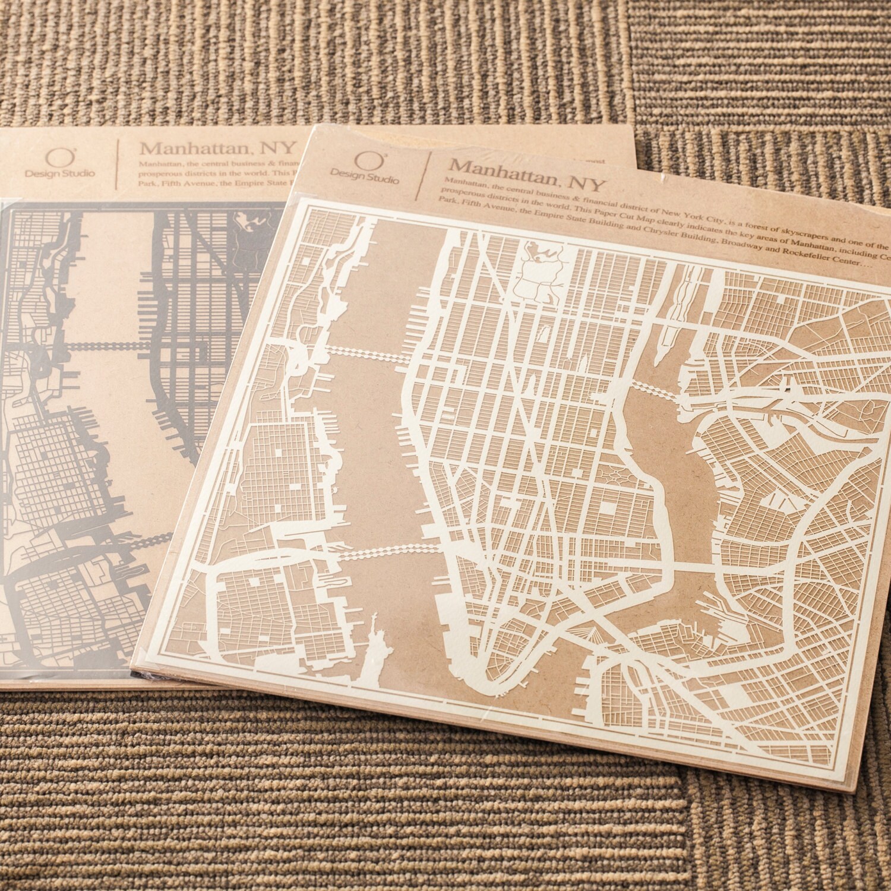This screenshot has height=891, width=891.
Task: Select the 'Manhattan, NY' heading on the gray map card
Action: pos(217,148)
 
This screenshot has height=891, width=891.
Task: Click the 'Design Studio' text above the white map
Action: pos(365,176)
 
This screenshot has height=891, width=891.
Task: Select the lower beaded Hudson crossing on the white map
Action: pos(386,552)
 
